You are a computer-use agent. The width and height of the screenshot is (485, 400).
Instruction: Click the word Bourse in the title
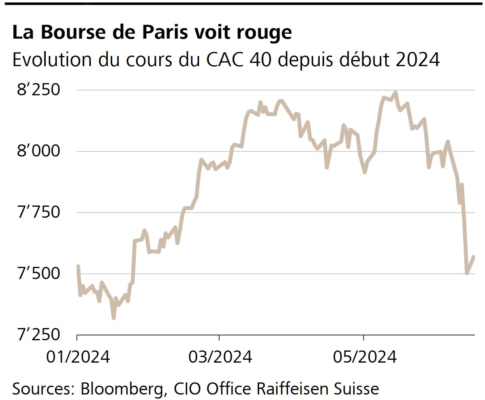click(67, 32)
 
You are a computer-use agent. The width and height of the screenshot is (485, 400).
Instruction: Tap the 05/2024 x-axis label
click(364, 357)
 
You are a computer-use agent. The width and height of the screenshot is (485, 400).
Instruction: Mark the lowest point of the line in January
click(113, 318)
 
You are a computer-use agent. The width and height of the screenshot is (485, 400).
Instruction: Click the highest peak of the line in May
click(396, 93)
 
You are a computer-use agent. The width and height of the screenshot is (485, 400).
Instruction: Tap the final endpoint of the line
click(474, 257)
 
